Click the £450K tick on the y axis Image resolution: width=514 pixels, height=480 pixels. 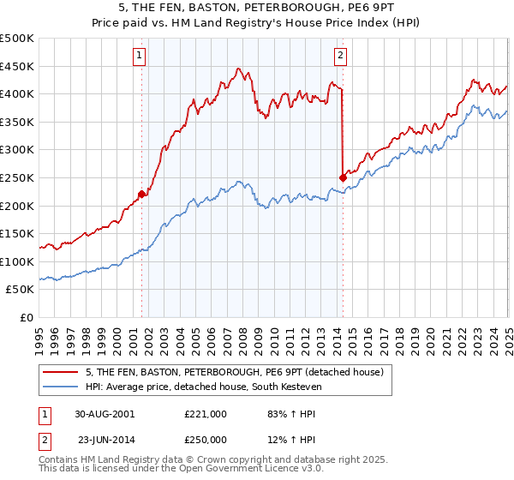(x=17, y=66)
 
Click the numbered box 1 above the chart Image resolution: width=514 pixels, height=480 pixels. (x=139, y=57)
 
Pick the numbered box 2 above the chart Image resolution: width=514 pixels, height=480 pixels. (x=340, y=57)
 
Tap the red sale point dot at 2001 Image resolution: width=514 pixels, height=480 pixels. (x=142, y=194)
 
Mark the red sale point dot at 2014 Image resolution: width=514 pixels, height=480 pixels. (x=343, y=177)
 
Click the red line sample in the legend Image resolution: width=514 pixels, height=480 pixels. (x=60, y=371)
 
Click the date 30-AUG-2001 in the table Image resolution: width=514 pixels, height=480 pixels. (x=106, y=413)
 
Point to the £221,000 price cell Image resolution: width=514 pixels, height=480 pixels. (x=206, y=413)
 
